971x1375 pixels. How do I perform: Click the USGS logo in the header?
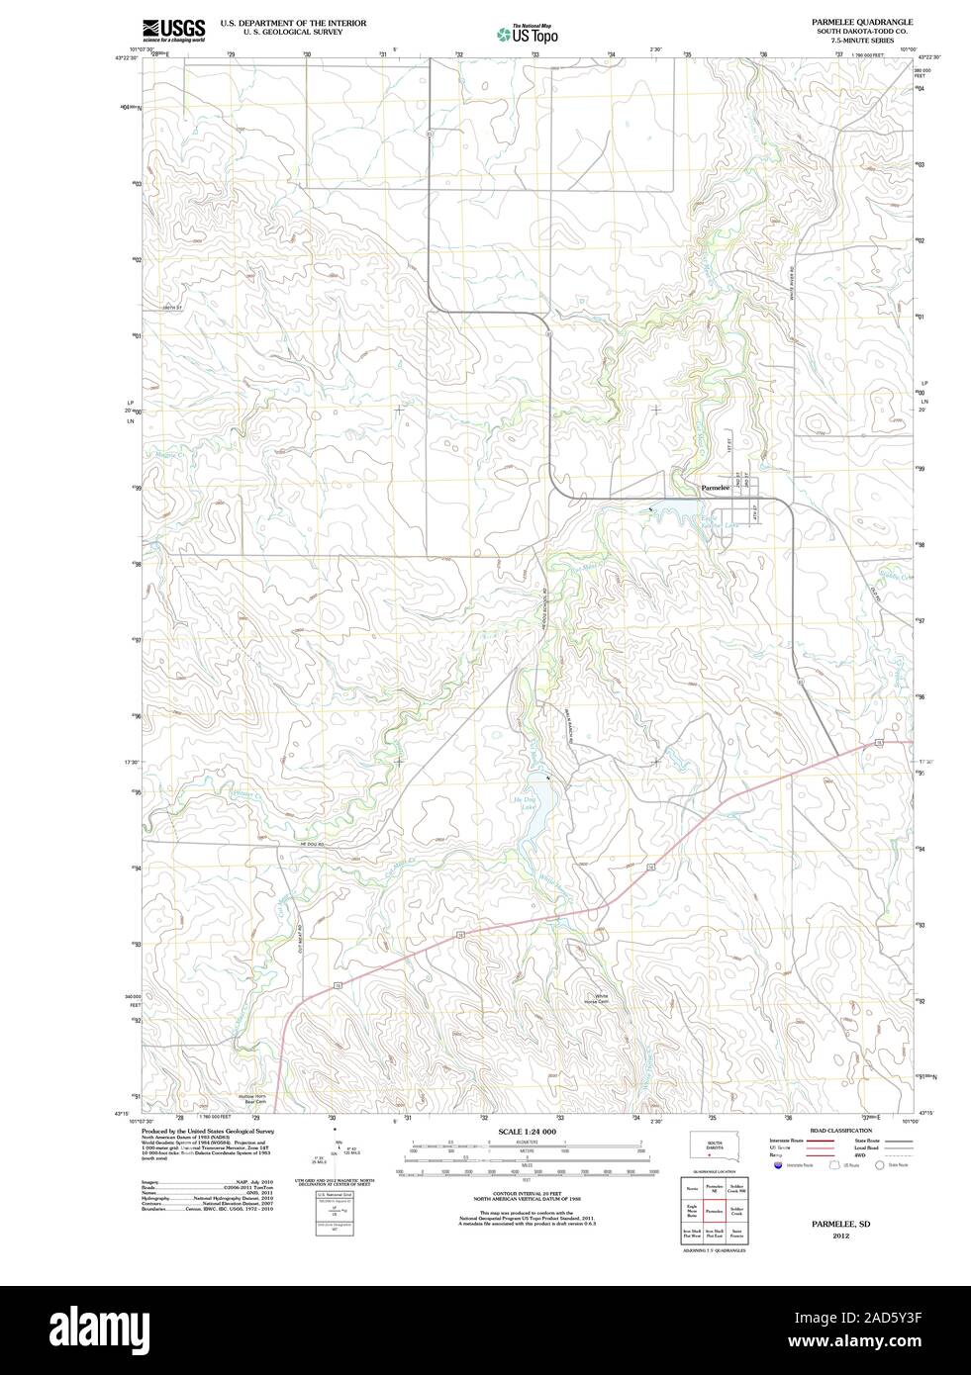click(x=173, y=30)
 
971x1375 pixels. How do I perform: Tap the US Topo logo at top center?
click(x=528, y=34)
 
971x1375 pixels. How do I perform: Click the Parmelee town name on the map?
click(x=716, y=488)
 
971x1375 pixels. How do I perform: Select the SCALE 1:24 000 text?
click(x=528, y=1132)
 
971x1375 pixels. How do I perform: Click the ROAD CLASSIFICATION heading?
click(x=841, y=1130)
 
